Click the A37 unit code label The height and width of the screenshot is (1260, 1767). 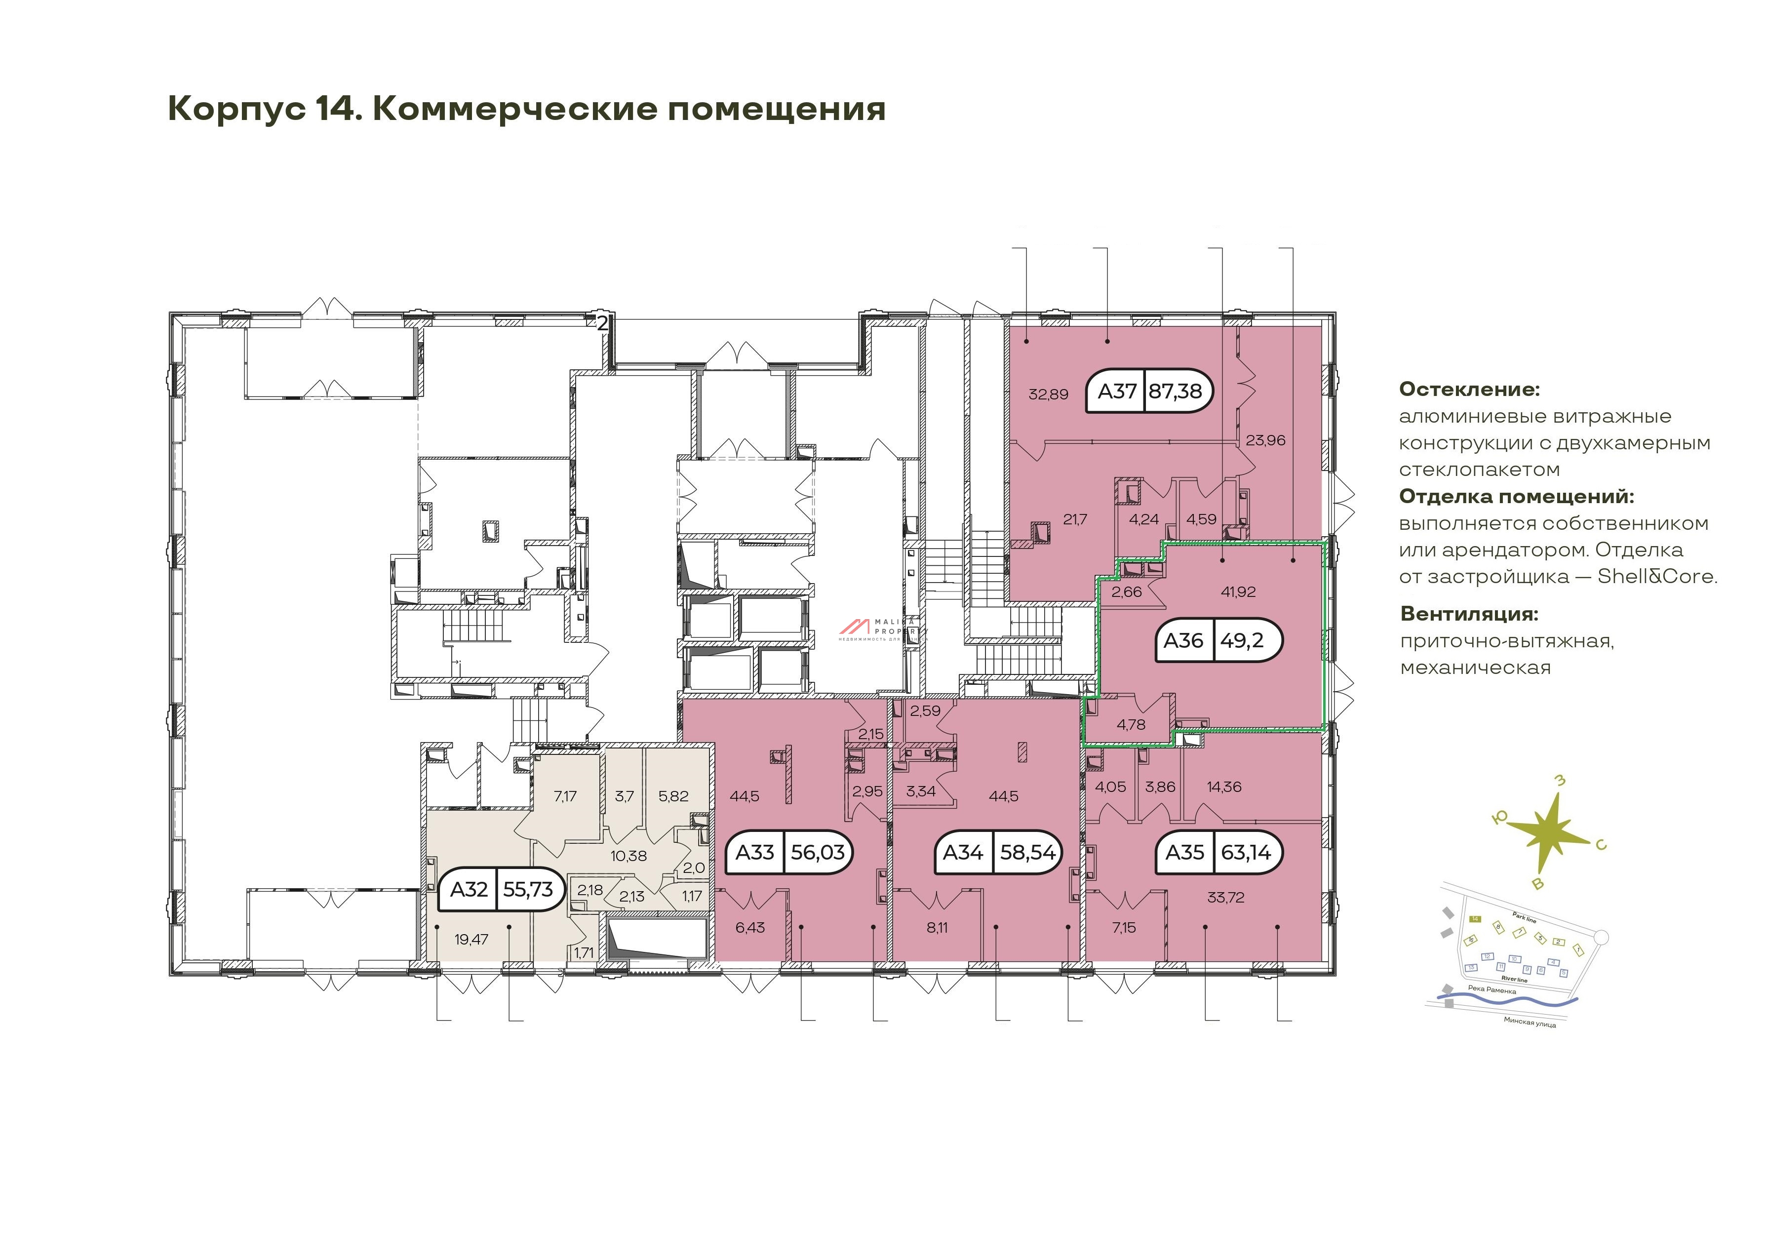[x=1116, y=391]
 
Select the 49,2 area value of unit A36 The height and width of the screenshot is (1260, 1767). [x=1242, y=640]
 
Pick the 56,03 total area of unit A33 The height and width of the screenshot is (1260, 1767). [x=818, y=853]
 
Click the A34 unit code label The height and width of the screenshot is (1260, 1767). [x=963, y=853]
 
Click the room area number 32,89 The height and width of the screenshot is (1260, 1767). [x=1048, y=394]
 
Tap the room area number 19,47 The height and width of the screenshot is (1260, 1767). [x=471, y=940]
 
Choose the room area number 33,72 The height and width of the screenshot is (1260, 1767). [x=1225, y=898]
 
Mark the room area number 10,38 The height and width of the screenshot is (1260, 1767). [x=628, y=856]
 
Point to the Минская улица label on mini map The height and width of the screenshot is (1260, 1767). [x=1529, y=1023]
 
